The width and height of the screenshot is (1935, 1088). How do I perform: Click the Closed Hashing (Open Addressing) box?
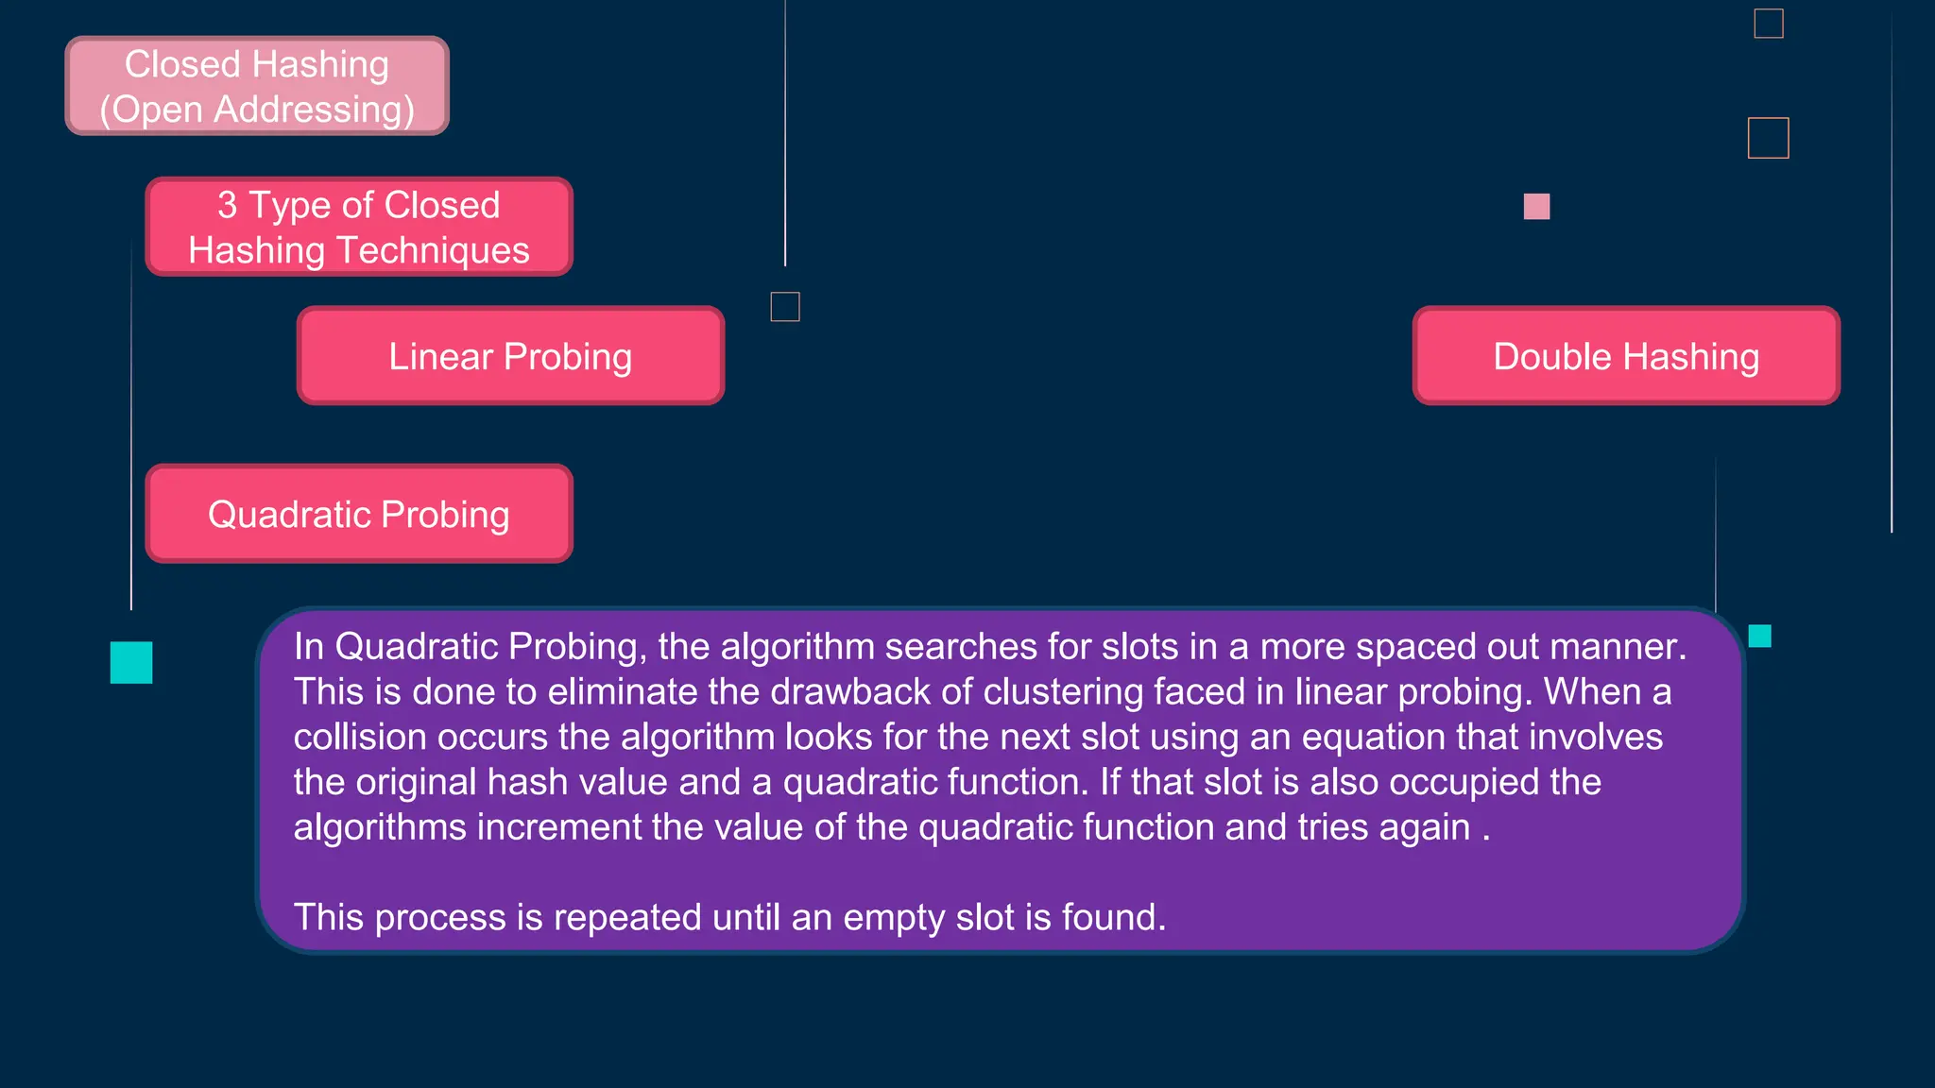click(257, 86)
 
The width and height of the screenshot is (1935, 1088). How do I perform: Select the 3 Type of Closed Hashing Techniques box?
click(359, 227)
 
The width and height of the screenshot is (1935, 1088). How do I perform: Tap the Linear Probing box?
click(510, 356)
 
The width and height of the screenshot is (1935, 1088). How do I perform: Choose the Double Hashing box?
click(1626, 356)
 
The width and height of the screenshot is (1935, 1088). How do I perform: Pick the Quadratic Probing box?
click(359, 514)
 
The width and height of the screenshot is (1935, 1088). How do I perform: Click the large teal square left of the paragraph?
click(131, 662)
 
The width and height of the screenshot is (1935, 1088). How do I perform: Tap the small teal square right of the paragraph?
click(1759, 636)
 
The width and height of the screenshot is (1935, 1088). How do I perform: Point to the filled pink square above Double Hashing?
click(1536, 206)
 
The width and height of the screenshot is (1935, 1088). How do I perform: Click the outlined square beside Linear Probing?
click(785, 307)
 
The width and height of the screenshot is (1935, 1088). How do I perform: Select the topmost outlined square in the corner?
click(1769, 24)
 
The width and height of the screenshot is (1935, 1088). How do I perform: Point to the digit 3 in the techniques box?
click(227, 205)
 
